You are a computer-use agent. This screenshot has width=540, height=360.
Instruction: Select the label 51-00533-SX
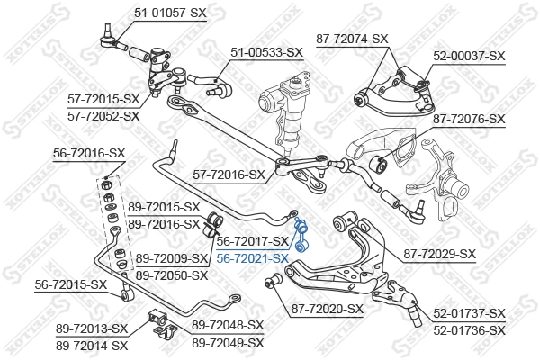tap(265, 53)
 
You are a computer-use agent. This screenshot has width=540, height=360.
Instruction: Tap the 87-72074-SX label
tap(352, 39)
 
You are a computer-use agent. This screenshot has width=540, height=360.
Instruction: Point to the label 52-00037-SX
tap(469, 55)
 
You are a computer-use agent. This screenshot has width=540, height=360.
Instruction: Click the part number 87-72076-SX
tap(469, 118)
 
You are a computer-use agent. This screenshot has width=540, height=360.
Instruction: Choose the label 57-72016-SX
tap(229, 175)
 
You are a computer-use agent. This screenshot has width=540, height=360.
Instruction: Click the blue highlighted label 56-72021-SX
tap(252, 258)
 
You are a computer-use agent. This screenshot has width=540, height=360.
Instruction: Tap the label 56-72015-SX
tap(71, 284)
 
